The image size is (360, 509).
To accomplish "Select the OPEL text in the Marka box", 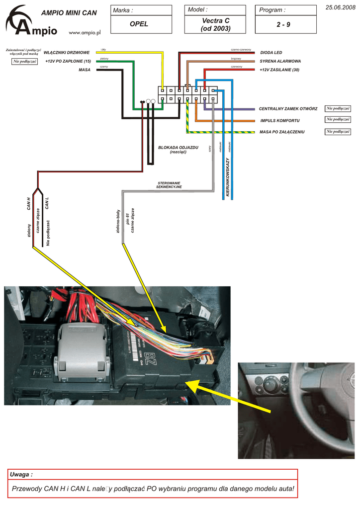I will coord(139,24).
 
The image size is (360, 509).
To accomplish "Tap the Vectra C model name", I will coord(216,20).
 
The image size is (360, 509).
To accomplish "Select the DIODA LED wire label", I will coord(271,52).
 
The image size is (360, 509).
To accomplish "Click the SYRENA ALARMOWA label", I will coord(280,61).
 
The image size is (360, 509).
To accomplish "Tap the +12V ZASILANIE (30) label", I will coord(279,70).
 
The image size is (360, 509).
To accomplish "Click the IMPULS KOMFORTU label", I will coord(279,121).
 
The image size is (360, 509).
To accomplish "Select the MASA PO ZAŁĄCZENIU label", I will coord(282,132).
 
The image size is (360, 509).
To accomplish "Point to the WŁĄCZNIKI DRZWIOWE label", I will coord(67,52).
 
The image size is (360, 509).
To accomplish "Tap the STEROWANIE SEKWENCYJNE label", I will coord(169,185).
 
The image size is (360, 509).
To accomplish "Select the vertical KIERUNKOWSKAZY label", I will coord(228,177).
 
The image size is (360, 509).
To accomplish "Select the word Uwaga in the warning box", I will coord(21,475).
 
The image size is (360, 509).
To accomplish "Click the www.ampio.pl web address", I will coord(85,32).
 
